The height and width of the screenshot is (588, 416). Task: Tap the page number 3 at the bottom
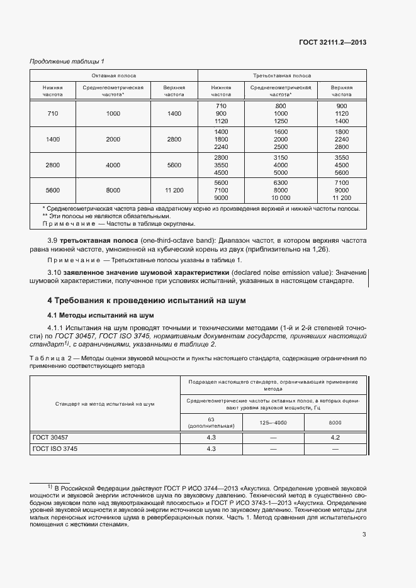[364, 535]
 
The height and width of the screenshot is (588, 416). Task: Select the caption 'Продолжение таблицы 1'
[67, 61]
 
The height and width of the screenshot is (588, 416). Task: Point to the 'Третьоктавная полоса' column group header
[281, 75]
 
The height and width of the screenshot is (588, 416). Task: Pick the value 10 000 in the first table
[281, 197]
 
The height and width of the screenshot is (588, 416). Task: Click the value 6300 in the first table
[281, 182]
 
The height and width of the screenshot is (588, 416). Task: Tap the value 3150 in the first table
[281, 157]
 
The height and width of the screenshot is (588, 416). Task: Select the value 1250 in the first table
[281, 121]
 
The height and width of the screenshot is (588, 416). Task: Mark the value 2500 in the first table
[281, 147]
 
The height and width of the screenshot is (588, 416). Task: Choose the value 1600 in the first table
[281, 131]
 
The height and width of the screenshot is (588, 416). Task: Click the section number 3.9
[53, 241]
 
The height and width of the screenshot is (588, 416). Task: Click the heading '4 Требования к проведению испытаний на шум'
[147, 301]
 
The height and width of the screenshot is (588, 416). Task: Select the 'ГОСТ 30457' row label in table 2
[50, 436]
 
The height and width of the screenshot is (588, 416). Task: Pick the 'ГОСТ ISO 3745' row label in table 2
[54, 448]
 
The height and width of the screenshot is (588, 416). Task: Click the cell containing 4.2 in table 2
[335, 436]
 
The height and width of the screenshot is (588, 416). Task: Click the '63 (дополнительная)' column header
[211, 423]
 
